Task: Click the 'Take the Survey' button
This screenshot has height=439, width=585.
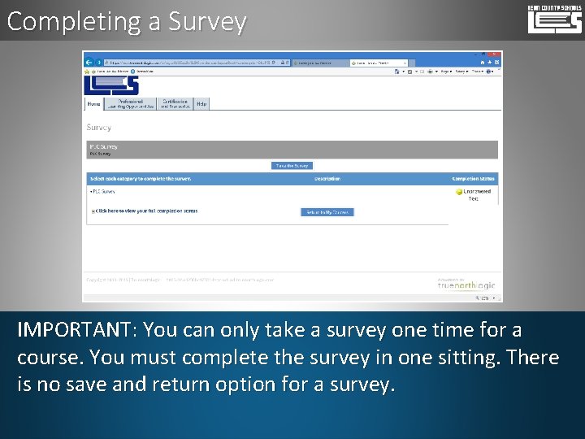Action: pyautogui.click(x=292, y=165)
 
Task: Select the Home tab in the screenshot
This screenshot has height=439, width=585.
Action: pyautogui.click(x=93, y=104)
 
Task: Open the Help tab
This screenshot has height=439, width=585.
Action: pyautogui.click(x=201, y=103)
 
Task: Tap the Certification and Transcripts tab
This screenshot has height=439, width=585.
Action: pyautogui.click(x=175, y=104)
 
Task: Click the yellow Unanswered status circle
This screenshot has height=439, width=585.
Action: pyautogui.click(x=459, y=192)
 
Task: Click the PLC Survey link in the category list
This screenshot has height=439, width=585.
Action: pyautogui.click(x=102, y=192)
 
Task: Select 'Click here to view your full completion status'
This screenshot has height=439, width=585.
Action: pyautogui.click(x=145, y=211)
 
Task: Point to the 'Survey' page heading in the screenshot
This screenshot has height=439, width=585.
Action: pyautogui.click(x=98, y=128)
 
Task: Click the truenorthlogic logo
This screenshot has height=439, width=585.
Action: pyautogui.click(x=466, y=285)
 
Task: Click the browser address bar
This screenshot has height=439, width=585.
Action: pyautogui.click(x=195, y=62)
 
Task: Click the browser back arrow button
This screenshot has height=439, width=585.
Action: pyautogui.click(x=89, y=62)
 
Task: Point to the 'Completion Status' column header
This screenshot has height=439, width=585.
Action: pyautogui.click(x=473, y=179)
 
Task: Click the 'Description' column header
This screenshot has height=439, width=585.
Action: pyautogui.click(x=327, y=179)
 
